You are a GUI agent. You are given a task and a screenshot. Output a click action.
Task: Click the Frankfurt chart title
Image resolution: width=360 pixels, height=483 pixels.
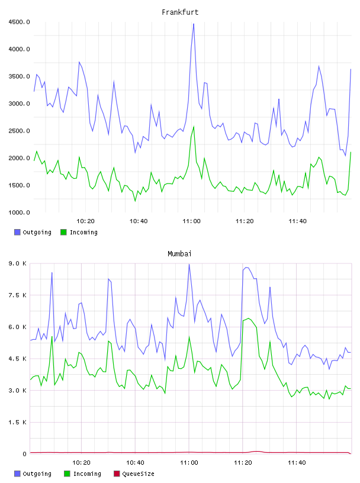180,12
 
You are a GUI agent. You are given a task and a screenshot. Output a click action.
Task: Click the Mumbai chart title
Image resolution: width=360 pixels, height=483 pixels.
179,253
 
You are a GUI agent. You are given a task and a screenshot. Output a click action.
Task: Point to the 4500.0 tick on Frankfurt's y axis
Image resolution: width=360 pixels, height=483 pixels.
19,22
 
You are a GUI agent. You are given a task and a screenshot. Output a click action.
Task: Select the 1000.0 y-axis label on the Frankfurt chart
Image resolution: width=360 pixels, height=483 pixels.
19,212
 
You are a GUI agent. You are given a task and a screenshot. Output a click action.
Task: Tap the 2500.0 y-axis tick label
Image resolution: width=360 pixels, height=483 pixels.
19,131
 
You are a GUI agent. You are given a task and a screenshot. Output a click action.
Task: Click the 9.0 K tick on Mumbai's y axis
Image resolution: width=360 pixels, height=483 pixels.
18,263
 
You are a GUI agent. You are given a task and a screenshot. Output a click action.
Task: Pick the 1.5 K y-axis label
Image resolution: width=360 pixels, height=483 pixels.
18,422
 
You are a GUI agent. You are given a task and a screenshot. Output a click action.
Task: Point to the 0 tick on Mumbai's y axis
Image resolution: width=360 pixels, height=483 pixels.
24,454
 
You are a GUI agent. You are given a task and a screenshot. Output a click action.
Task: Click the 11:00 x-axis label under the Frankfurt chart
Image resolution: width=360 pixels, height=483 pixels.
191,221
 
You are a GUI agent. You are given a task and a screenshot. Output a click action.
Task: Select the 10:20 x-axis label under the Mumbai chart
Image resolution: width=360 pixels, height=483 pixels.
81,462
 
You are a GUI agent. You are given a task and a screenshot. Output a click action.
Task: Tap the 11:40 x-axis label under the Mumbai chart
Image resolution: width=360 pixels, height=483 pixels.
297,462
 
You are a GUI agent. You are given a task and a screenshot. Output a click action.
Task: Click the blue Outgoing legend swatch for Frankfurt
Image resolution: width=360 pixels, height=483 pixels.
17,232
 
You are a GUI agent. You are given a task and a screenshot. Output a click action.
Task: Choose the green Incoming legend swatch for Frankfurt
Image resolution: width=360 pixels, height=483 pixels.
63,232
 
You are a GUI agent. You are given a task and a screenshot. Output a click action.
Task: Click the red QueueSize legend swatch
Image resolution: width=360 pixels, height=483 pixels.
117,474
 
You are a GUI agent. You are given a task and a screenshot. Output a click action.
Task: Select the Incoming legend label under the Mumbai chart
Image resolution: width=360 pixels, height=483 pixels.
87,474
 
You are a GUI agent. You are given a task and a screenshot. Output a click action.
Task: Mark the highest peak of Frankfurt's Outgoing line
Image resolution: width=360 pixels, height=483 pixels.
194,24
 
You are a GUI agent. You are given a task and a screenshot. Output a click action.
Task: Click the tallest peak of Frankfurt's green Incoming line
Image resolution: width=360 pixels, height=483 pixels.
194,126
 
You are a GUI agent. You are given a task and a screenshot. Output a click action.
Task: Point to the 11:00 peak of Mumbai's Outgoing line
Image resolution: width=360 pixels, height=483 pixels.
189,265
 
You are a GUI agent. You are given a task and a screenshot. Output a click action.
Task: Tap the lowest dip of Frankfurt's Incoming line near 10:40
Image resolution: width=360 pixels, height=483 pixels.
135,201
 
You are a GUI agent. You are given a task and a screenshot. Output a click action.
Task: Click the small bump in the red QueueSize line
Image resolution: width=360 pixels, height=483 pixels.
256,451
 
